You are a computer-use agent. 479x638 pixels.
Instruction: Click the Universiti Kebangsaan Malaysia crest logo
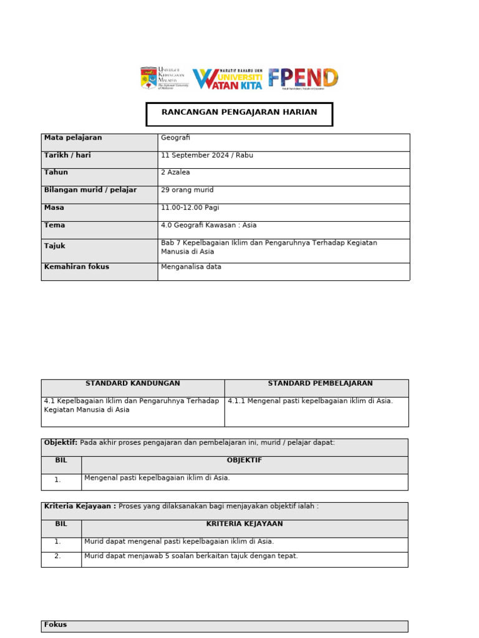(149, 78)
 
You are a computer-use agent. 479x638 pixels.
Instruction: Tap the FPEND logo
(303, 79)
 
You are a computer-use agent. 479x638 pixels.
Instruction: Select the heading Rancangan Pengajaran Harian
(239, 113)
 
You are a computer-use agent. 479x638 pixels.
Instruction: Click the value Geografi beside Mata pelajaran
(175, 138)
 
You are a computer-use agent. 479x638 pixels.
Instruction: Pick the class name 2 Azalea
(177, 173)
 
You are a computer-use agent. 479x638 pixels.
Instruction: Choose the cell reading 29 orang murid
(187, 190)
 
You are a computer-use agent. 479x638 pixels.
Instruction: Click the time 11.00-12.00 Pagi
(190, 207)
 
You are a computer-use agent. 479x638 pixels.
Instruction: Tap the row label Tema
(55, 226)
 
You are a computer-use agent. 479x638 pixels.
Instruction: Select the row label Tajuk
(55, 246)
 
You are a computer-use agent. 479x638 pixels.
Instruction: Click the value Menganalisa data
(191, 267)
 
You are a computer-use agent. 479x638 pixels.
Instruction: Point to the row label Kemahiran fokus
(77, 267)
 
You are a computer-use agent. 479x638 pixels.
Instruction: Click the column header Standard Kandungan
(133, 384)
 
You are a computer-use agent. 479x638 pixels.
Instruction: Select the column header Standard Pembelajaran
(320, 384)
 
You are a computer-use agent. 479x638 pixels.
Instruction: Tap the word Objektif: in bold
(60, 443)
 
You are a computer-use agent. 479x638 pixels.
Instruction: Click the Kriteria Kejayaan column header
(244, 525)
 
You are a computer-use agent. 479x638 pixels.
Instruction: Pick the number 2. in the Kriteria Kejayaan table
(57, 556)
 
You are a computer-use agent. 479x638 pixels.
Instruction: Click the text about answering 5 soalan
(191, 556)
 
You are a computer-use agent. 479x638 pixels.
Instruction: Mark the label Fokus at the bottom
(56, 625)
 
